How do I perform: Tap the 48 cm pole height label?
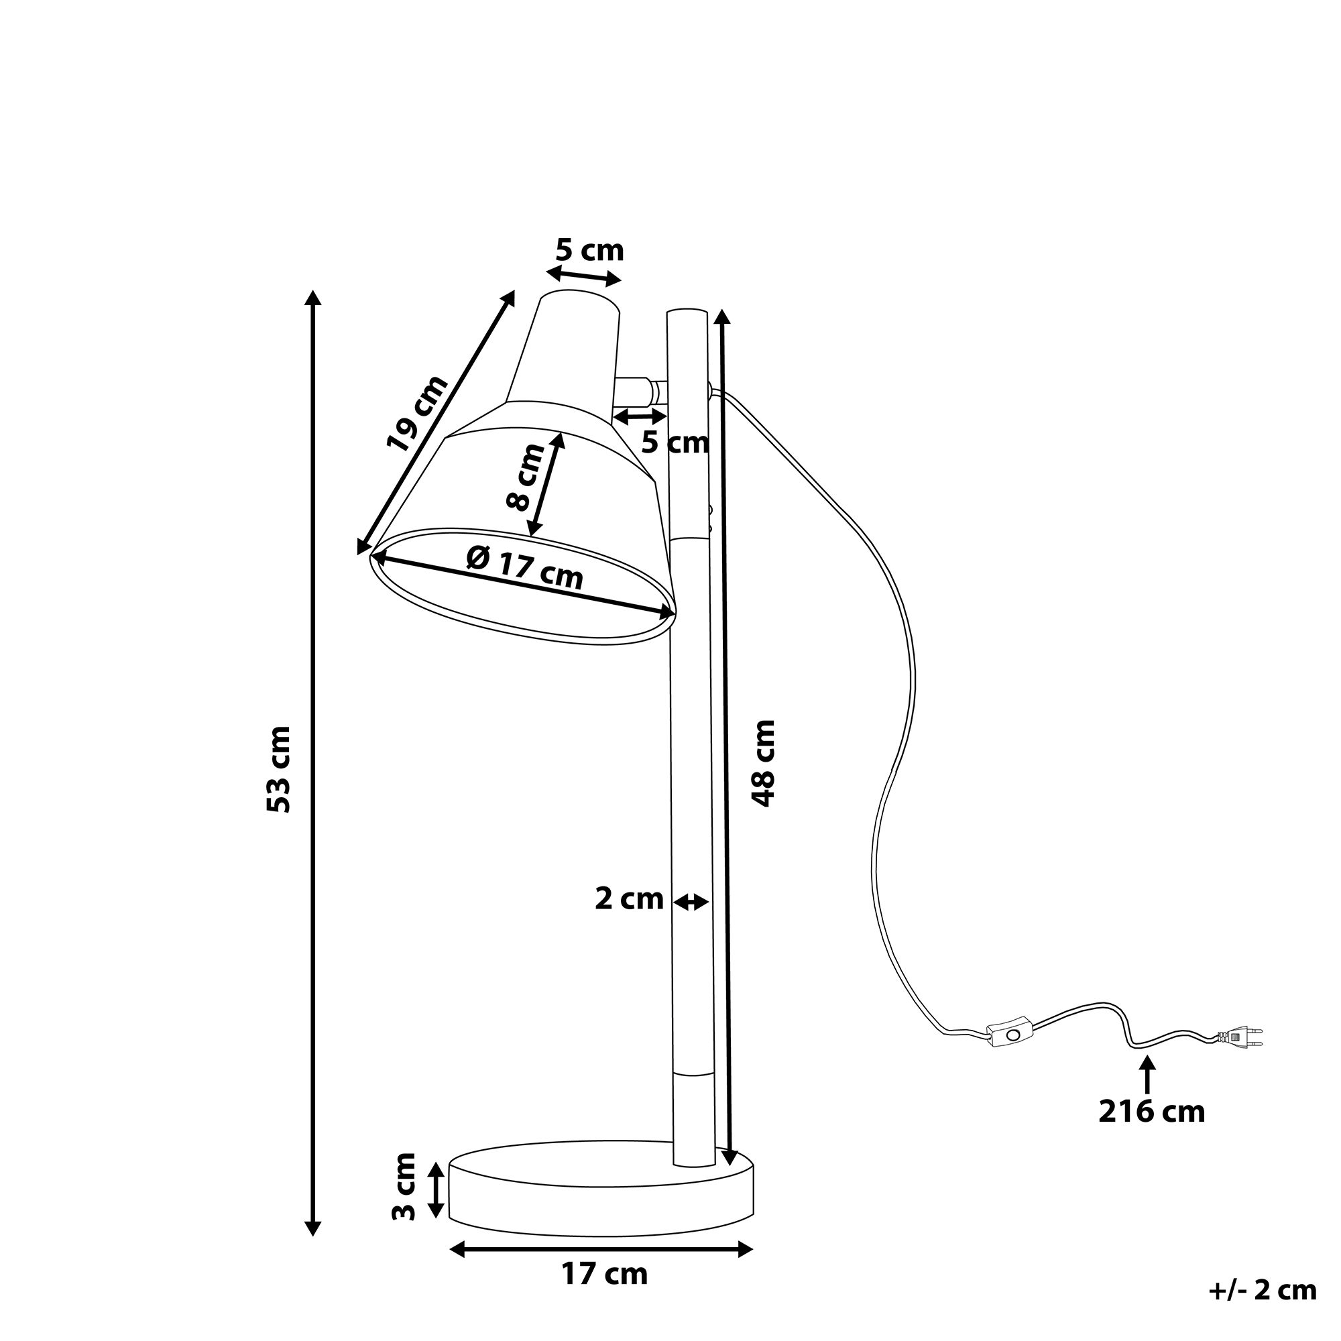pyautogui.click(x=763, y=764)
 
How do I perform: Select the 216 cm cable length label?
pyautogui.click(x=1151, y=1130)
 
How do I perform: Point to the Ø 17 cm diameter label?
pyautogui.click(x=525, y=567)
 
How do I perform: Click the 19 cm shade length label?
pyautogui.click(x=416, y=414)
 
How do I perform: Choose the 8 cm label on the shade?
pyautogui.click(x=526, y=477)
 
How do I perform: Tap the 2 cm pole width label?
pyautogui.click(x=629, y=900)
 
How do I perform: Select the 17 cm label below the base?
pyautogui.click(x=604, y=1294)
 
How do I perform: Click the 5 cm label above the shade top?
pyautogui.click(x=589, y=251)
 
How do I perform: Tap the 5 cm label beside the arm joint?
pyautogui.click(x=675, y=442)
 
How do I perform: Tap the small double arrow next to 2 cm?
pyautogui.click(x=691, y=902)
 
